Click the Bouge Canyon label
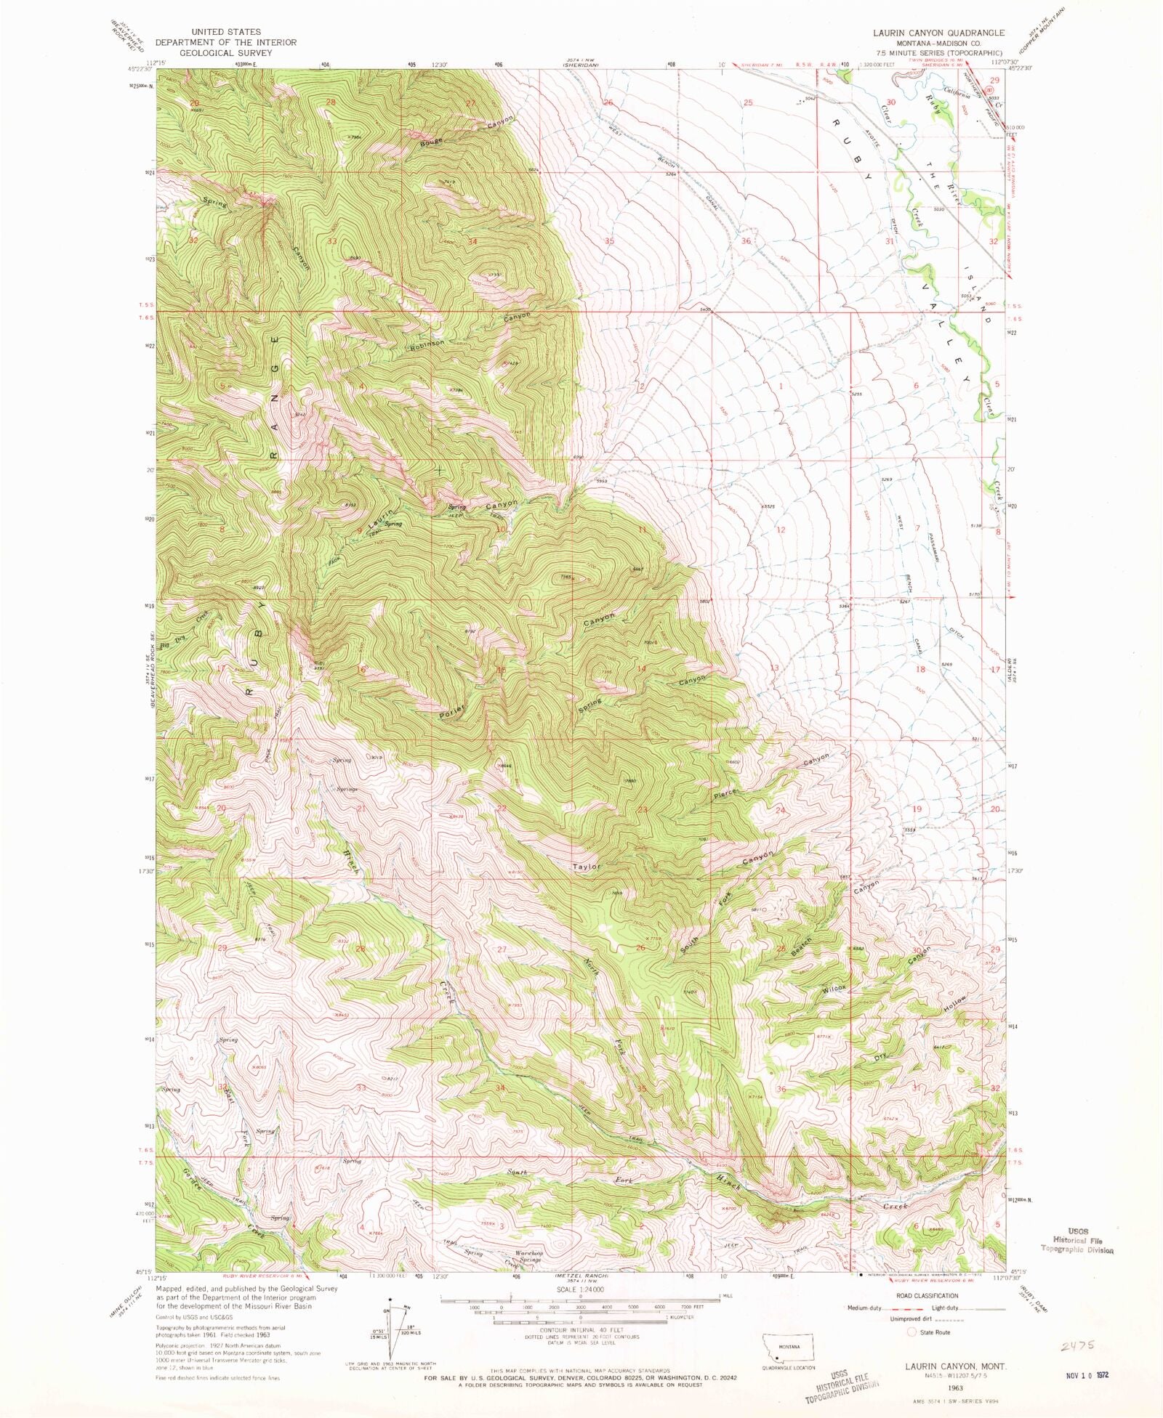coord(431,142)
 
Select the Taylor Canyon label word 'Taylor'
coord(586,867)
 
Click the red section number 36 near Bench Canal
coord(746,240)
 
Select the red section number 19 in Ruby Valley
coord(917,809)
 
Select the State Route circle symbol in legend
coord(912,1332)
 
